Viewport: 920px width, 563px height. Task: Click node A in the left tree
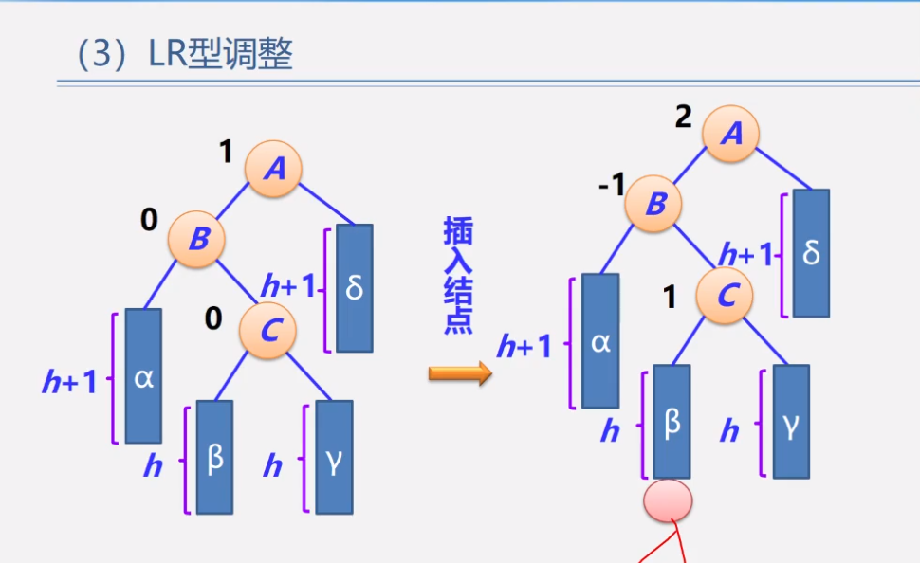(273, 169)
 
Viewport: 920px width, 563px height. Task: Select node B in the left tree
(197, 239)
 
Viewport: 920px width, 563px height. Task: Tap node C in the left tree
(268, 331)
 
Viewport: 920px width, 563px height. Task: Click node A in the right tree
(731, 134)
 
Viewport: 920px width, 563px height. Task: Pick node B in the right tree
(653, 204)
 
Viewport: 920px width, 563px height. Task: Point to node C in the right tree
(726, 295)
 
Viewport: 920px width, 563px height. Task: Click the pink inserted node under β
(668, 500)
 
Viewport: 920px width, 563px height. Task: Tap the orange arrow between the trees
(461, 373)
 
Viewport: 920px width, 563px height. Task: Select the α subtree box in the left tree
(144, 376)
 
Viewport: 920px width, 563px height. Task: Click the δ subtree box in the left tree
(355, 288)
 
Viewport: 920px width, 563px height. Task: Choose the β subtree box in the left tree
(214, 458)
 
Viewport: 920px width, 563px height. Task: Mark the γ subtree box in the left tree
(335, 458)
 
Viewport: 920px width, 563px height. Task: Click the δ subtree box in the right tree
(812, 253)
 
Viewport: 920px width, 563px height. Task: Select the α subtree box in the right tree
(600, 340)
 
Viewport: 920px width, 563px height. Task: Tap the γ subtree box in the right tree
(792, 422)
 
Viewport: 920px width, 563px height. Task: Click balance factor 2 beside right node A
(684, 117)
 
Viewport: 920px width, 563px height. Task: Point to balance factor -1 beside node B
(612, 185)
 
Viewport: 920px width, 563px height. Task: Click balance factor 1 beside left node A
(226, 152)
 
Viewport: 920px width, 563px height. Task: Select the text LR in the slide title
(167, 55)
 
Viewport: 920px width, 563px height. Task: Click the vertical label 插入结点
(458, 275)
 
